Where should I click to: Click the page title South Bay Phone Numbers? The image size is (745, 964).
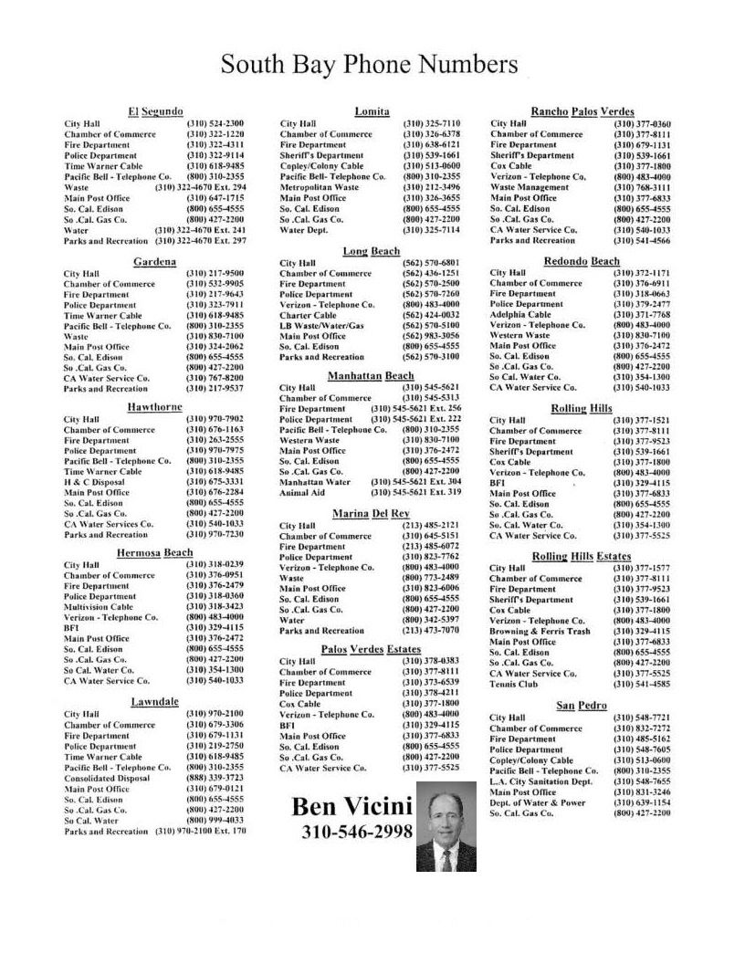(x=370, y=65)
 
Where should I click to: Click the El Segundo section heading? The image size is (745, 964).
(x=156, y=111)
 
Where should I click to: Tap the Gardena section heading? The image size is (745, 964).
(x=155, y=262)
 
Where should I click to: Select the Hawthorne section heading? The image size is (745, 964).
(x=155, y=407)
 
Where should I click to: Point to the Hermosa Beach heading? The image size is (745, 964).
(x=154, y=553)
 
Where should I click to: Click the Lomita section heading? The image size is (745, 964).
(x=372, y=111)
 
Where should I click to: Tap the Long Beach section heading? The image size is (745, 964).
(x=371, y=251)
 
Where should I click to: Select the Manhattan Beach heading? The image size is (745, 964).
(x=371, y=376)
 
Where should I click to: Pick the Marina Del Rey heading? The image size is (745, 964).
(x=371, y=514)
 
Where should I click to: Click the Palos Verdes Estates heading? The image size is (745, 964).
(x=371, y=649)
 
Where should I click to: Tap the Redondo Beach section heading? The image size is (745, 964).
(x=582, y=261)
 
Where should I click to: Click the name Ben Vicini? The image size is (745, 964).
(x=352, y=807)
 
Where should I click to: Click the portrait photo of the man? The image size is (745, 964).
(x=446, y=827)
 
